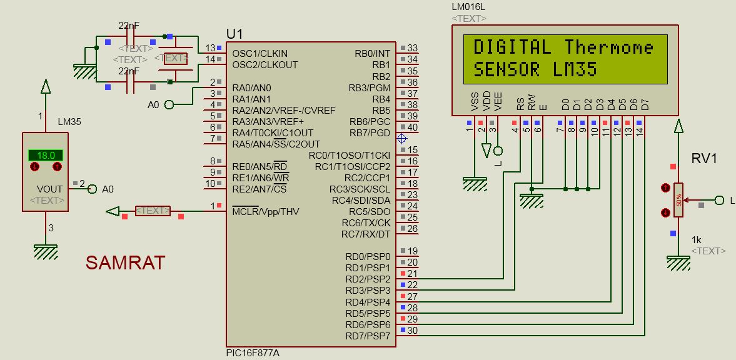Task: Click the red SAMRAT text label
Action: click(x=125, y=262)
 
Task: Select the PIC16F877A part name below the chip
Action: click(x=253, y=353)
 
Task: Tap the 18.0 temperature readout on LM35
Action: click(x=46, y=155)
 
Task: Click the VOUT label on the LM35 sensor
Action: click(x=50, y=189)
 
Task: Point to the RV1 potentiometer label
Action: click(x=703, y=159)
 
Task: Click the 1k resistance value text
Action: click(x=696, y=240)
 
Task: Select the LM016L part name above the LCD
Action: click(x=468, y=7)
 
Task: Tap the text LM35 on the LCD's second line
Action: click(x=575, y=69)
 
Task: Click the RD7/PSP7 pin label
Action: click(x=367, y=336)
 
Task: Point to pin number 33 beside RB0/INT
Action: click(x=412, y=48)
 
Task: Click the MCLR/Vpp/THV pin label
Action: click(x=265, y=211)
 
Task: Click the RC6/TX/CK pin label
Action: click(x=366, y=222)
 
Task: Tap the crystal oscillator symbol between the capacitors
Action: click(x=175, y=59)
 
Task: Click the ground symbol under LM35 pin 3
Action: click(x=46, y=251)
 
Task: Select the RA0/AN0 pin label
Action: click(x=251, y=87)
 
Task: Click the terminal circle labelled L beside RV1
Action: click(x=719, y=200)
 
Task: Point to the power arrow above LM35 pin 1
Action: click(x=46, y=86)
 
